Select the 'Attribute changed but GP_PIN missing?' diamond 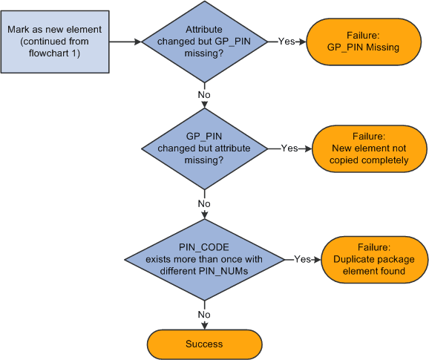tap(203, 42)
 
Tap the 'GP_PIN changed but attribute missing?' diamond tap(203, 148)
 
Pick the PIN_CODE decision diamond tap(203, 260)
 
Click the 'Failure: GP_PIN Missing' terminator tap(363, 42)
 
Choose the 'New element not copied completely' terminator tap(370, 148)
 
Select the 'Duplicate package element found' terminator tap(374, 260)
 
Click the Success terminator tap(203, 344)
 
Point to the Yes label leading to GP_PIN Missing tap(286, 42)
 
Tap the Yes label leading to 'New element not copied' tap(289, 148)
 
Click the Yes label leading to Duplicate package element tap(302, 260)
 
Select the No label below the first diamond tap(203, 95)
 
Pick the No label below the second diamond tap(203, 203)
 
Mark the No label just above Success tap(203, 314)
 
